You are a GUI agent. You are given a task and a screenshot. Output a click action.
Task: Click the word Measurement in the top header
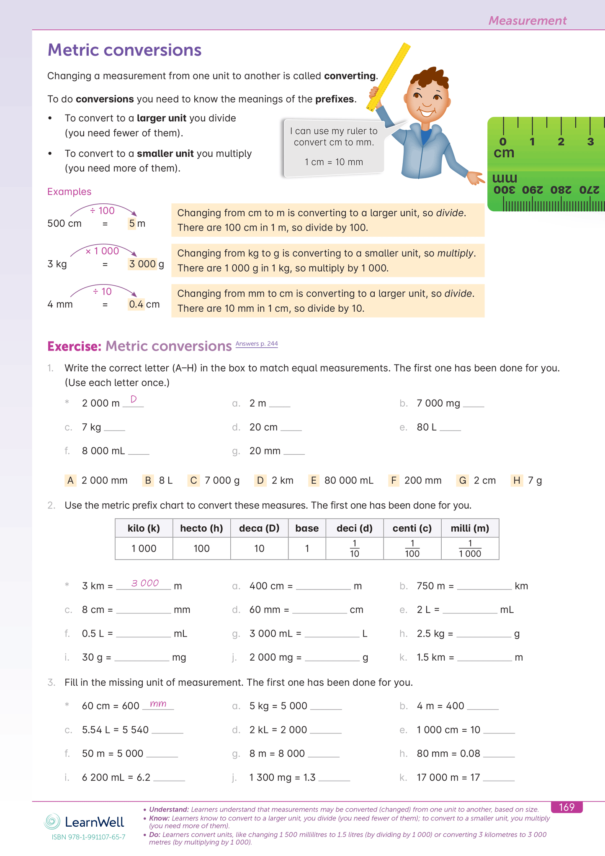[x=527, y=21]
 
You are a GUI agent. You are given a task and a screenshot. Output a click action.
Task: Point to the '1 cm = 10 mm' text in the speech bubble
[x=334, y=162]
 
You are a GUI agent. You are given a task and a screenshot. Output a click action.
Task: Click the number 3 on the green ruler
[x=590, y=142]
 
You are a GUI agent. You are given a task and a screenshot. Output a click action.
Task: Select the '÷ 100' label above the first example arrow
[x=103, y=210]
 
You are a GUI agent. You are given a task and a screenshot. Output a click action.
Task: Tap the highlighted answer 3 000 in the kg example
[x=142, y=264]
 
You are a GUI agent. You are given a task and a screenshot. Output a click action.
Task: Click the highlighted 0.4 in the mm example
[x=136, y=304]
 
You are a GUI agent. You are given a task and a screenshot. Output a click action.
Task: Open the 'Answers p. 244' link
[x=256, y=344]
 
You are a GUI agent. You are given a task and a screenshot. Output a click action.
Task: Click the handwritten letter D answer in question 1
[x=134, y=399]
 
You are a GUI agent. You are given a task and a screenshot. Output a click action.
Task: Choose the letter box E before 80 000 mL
[x=313, y=480]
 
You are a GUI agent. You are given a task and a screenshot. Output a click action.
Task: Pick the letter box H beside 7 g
[x=517, y=480]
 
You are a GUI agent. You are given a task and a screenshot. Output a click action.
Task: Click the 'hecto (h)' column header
[x=201, y=528]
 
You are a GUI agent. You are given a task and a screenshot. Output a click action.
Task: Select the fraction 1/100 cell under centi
[x=412, y=548]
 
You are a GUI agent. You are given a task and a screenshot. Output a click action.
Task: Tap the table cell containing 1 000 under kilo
[x=144, y=548]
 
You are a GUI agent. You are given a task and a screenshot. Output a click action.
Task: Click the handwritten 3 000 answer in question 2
[x=145, y=583]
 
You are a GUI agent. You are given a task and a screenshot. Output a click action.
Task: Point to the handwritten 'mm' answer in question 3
[x=158, y=704]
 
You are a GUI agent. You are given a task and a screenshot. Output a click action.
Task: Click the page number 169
[x=566, y=807]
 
